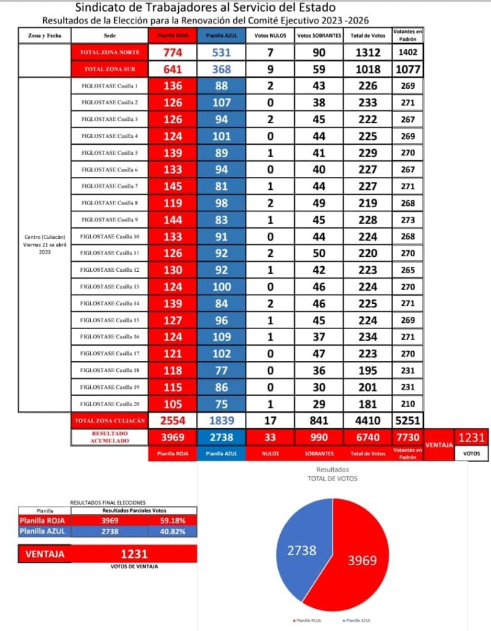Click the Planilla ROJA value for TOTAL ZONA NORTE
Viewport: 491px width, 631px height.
pos(173,53)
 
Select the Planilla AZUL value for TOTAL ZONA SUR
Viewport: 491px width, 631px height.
pos(221,70)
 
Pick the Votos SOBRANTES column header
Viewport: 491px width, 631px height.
pos(319,36)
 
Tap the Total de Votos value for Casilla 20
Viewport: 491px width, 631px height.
pos(368,404)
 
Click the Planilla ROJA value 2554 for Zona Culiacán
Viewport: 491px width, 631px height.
pos(173,421)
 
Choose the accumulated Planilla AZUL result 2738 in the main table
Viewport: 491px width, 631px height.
pos(221,437)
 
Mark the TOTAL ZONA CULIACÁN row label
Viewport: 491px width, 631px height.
pos(110,421)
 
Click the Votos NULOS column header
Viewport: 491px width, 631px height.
pos(270,36)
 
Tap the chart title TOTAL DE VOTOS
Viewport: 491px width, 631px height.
pos(332,478)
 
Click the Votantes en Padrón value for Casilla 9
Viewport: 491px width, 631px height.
pos(408,219)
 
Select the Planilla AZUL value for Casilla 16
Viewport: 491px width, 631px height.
pos(221,337)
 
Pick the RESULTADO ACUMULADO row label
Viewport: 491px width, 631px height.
pos(110,437)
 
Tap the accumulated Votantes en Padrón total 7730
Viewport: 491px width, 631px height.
pos(408,437)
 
